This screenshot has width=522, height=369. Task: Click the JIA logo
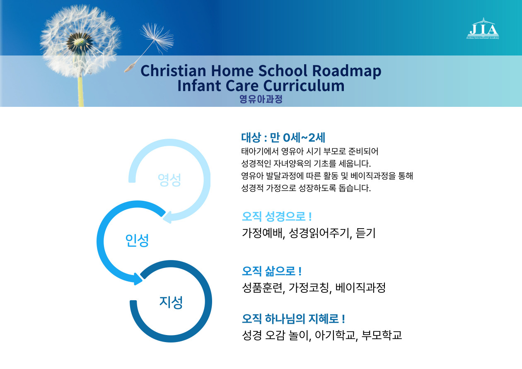pyautogui.click(x=483, y=29)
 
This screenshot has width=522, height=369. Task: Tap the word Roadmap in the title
pyautogui.click(x=346, y=71)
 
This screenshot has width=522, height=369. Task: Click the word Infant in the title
pyautogui.click(x=199, y=85)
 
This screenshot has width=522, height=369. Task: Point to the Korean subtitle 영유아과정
pyautogui.click(x=261, y=99)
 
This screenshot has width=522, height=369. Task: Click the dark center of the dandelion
pyautogui.click(x=79, y=42)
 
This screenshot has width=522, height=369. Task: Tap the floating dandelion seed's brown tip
pyautogui.click(x=129, y=68)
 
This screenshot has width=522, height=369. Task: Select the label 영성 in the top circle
pyautogui.click(x=169, y=180)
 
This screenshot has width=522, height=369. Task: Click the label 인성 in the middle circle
pyautogui.click(x=137, y=240)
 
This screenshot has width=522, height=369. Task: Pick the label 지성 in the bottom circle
pyautogui.click(x=171, y=302)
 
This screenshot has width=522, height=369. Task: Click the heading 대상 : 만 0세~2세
pyautogui.click(x=283, y=137)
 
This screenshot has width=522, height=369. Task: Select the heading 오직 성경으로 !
pyautogui.click(x=277, y=217)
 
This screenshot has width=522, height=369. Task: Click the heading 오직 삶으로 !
pyautogui.click(x=272, y=271)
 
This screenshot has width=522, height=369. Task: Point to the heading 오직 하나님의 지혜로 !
pyautogui.click(x=293, y=319)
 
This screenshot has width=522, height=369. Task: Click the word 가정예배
pyautogui.click(x=262, y=233)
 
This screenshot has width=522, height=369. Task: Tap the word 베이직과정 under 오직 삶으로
pyautogui.click(x=360, y=288)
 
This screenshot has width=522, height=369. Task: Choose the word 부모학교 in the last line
pyautogui.click(x=382, y=335)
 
